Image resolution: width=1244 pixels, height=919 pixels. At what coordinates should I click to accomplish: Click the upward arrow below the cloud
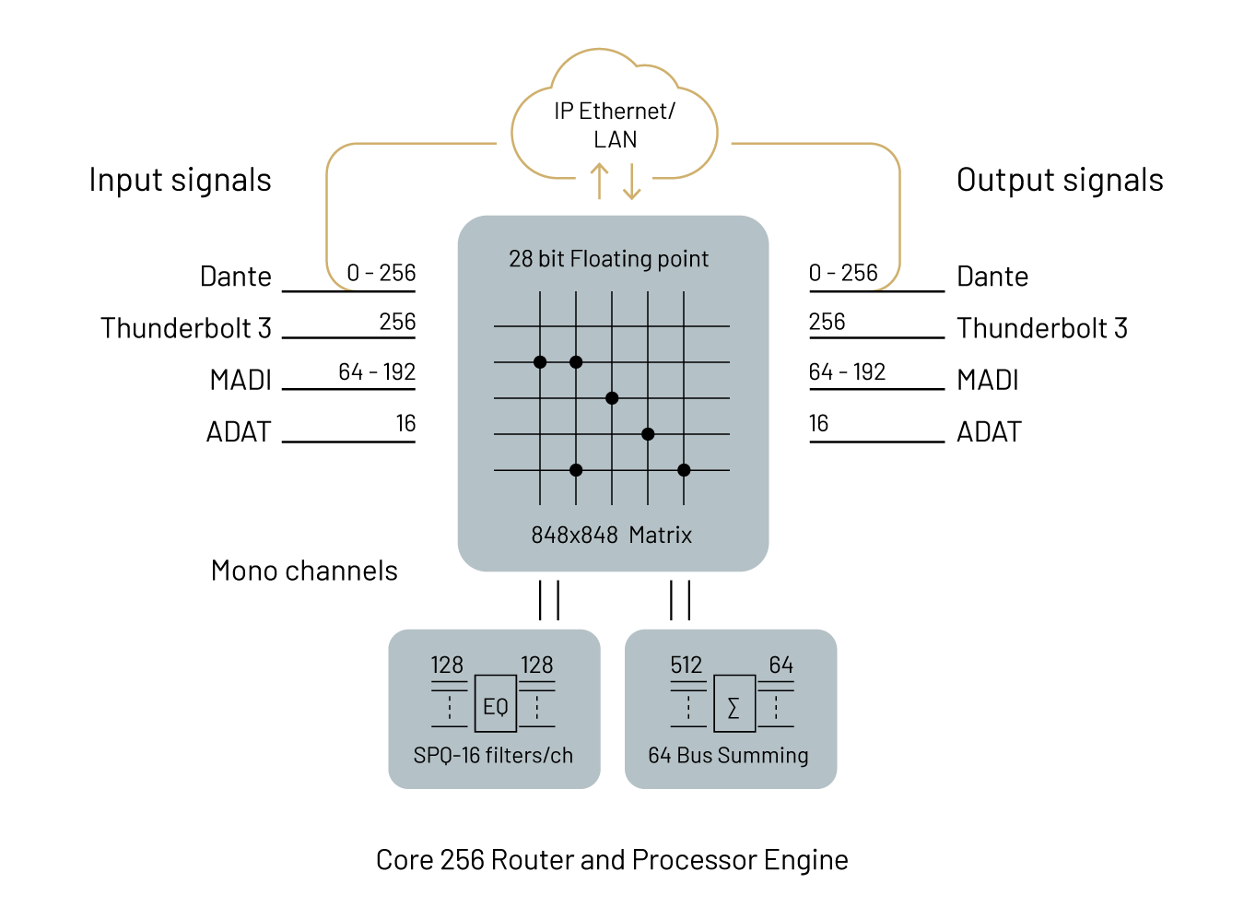coord(599,181)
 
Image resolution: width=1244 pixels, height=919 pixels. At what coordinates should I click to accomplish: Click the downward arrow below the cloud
coord(631,182)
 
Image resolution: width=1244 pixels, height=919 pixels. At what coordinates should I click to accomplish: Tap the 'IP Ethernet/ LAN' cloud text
coord(614,124)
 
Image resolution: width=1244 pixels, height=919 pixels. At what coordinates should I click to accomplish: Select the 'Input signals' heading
coord(180,180)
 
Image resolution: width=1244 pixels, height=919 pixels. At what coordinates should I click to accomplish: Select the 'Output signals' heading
coord(1060,180)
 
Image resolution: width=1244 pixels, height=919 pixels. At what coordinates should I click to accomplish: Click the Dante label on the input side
coord(236,276)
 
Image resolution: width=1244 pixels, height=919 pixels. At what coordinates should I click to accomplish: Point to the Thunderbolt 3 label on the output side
coord(1041,327)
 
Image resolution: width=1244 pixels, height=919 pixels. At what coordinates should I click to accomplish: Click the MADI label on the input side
coord(241,379)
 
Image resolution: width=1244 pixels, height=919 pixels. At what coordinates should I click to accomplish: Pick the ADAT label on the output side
coord(989,431)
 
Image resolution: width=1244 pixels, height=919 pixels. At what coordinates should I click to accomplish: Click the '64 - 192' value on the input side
coord(376,371)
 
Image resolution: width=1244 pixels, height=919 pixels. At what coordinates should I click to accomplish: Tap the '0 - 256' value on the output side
coord(843,273)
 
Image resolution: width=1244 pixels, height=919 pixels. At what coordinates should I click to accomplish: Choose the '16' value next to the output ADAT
coord(818,423)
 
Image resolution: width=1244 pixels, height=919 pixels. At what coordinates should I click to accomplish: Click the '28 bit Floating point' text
coord(608,259)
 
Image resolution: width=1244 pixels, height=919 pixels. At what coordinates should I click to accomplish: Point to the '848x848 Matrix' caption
coord(611,535)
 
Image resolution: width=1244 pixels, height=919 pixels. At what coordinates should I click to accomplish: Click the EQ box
coord(495,703)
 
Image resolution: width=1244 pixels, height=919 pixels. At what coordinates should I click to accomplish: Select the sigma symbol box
coord(734,703)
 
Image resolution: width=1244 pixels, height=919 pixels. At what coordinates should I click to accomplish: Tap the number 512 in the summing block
coord(686,665)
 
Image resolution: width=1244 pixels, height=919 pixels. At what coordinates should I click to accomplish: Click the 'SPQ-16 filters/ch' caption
coord(493,755)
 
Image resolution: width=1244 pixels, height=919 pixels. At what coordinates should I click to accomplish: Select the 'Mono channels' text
coord(304,571)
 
